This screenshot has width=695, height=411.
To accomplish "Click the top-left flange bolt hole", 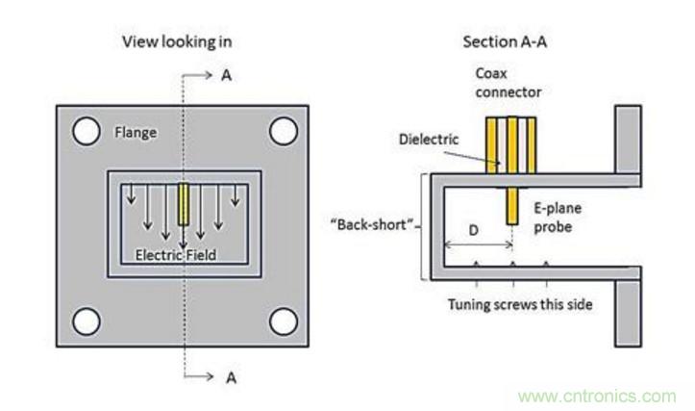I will [87, 130].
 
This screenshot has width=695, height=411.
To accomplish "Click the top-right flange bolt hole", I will [283, 130].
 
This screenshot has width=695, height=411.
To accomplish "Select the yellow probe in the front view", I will [184, 204].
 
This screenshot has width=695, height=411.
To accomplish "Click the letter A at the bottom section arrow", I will [230, 377].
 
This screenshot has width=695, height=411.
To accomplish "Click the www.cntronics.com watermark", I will [596, 396].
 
